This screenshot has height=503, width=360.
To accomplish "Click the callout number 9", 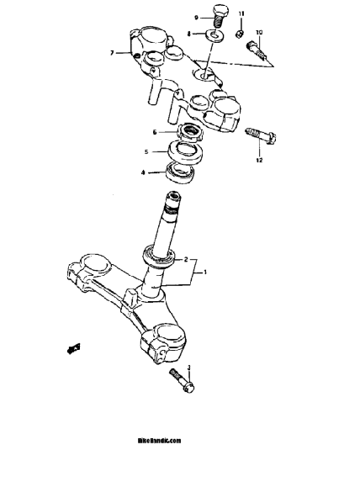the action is [x=196, y=18].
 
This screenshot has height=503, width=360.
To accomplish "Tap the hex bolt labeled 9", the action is [x=220, y=16].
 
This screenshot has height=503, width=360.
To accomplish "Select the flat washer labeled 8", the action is [x=214, y=35].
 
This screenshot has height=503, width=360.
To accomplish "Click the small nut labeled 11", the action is [x=240, y=33].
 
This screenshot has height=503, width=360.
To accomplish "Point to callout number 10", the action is [x=259, y=33].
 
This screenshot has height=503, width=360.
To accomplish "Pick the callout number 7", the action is [x=112, y=53].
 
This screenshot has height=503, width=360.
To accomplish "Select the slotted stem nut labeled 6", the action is [x=191, y=133].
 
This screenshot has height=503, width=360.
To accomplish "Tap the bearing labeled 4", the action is [x=179, y=172].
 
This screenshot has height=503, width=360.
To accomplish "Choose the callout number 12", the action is [x=259, y=160].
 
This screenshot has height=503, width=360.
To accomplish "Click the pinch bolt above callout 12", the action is [x=261, y=136].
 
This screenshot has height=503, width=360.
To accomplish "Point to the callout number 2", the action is [x=186, y=260].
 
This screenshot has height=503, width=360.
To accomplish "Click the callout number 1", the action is [x=205, y=273].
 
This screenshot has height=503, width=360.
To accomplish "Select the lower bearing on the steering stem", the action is [x=160, y=256].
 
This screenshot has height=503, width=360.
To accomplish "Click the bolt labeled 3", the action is [x=182, y=380].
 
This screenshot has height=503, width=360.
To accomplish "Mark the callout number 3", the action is [x=188, y=368].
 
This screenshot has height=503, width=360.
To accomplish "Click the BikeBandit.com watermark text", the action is [x=159, y=441].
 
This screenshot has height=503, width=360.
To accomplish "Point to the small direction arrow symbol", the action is [x=73, y=349].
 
